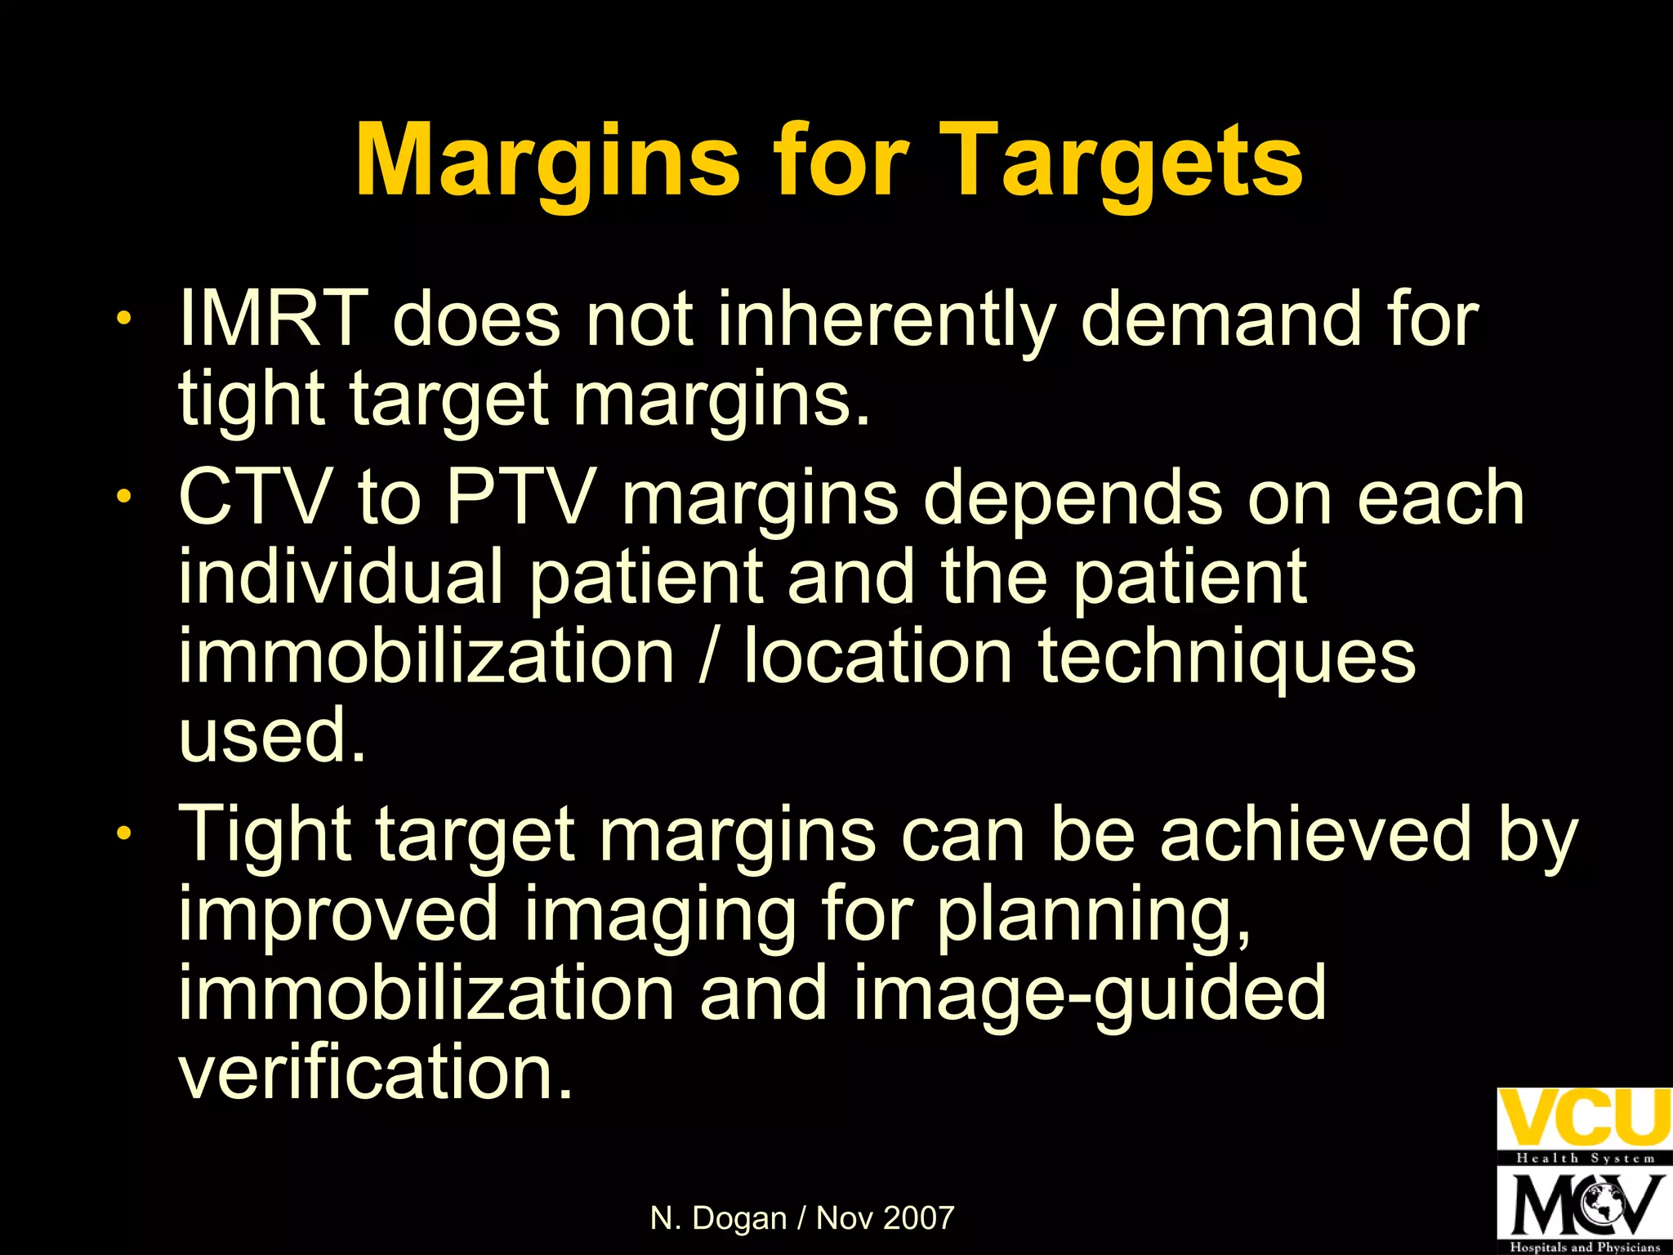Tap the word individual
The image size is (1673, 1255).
(x=341, y=576)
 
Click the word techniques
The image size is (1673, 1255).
(x=1227, y=658)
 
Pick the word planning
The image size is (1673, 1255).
(x=1094, y=916)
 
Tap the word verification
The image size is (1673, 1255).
(x=376, y=1072)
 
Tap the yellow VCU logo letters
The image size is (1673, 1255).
(x=1583, y=1118)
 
